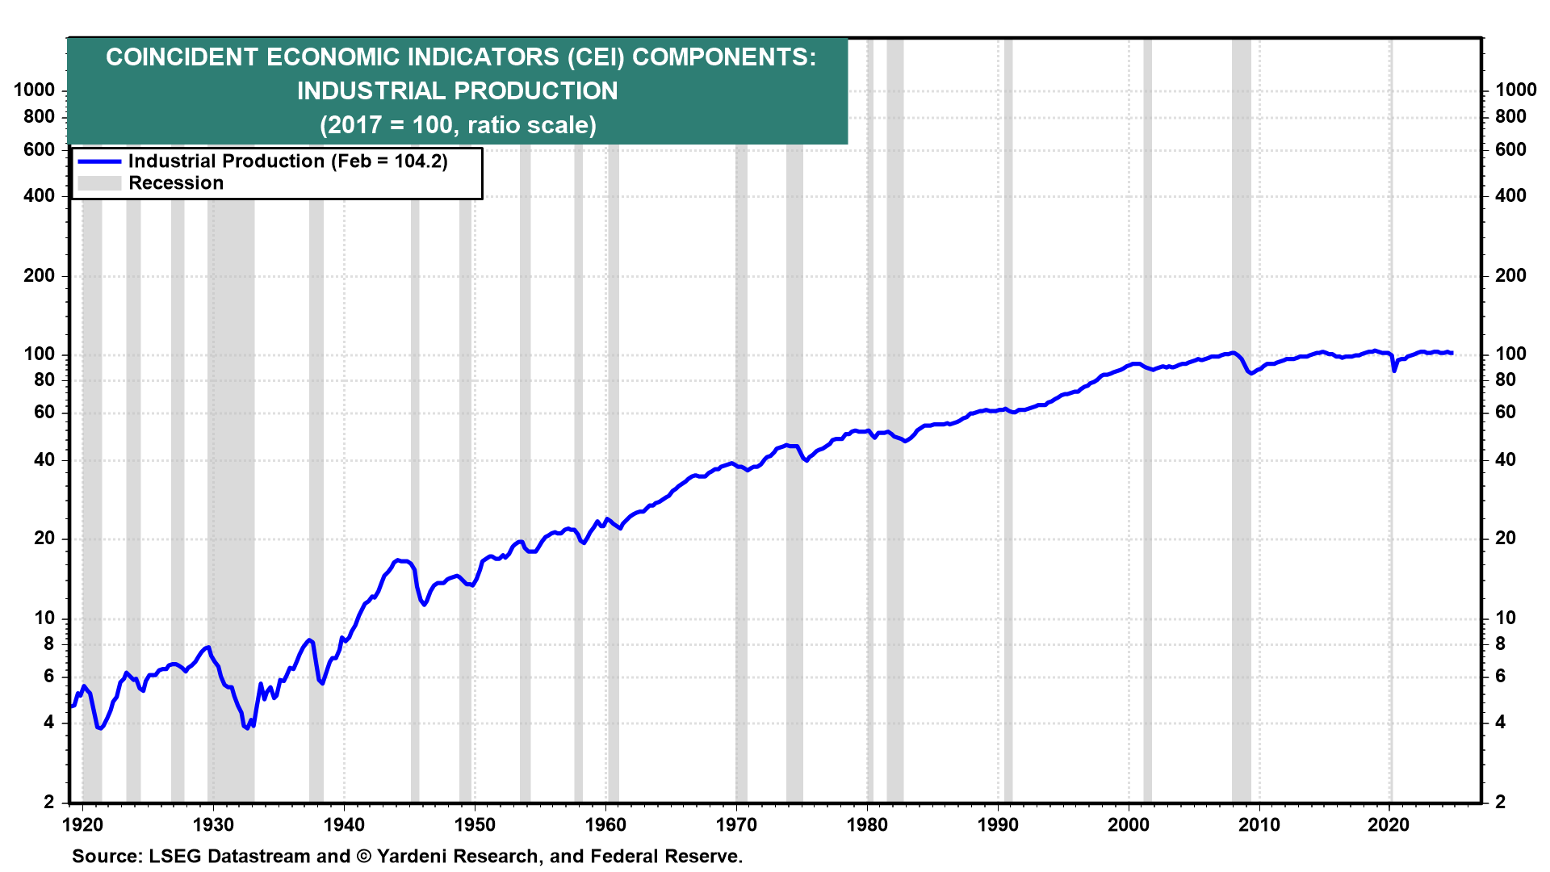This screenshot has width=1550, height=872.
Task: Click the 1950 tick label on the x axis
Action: pos(475,825)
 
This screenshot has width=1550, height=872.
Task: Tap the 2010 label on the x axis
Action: pos(1259,825)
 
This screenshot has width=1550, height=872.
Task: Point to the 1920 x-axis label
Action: pos(82,825)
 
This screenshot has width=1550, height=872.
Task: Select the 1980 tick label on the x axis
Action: pos(867,825)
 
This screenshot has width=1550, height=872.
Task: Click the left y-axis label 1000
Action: pos(35,90)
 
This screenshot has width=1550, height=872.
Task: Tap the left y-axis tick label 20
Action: pos(44,539)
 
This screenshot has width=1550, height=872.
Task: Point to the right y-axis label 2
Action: pos(1500,802)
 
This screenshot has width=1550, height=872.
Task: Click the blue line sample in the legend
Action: pos(99,161)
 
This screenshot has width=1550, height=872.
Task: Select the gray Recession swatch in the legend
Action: pos(99,183)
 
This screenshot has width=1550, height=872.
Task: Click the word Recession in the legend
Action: pos(176,183)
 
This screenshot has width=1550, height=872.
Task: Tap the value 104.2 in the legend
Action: pos(418,161)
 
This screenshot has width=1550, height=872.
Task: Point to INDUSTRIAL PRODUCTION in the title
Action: pos(457,91)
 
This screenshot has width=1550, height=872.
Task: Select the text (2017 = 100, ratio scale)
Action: pos(458,125)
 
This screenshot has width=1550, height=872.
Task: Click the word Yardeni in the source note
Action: pos(417,856)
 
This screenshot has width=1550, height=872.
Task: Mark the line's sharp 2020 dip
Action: pos(1394,371)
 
